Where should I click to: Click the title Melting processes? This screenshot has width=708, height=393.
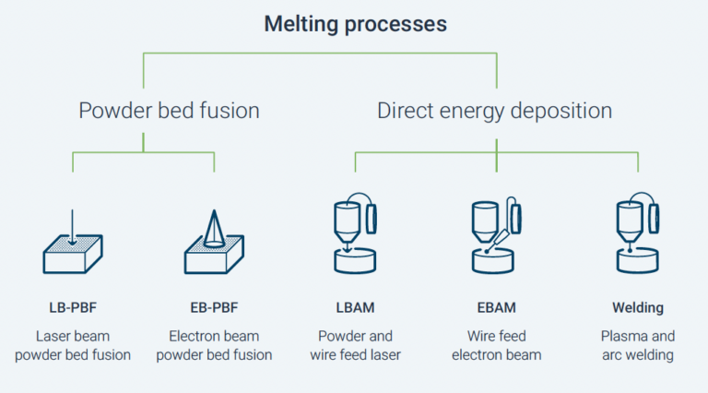coord(355,24)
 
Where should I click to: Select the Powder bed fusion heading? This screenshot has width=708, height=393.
coord(170,111)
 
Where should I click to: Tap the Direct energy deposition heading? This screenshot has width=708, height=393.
coord(494,111)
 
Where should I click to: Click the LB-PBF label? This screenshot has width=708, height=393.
coord(73,307)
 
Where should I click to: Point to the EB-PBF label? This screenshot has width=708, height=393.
coord(214,307)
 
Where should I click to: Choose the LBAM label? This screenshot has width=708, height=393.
coord(355,307)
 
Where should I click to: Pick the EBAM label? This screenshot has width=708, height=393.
coord(497,307)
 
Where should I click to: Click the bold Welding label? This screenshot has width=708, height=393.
coord(638,307)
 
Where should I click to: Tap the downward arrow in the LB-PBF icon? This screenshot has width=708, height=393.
coord(72,227)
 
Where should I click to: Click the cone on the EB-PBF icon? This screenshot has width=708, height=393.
coord(214,229)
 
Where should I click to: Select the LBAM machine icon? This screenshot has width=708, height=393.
coord(355,233)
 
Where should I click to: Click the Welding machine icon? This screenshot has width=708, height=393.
coord(638,233)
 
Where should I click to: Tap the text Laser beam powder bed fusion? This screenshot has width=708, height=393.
coord(73,346)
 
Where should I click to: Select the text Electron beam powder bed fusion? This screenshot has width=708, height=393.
coord(214,346)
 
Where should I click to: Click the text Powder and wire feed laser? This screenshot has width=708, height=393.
coord(355,346)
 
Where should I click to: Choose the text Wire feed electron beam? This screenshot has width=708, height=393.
coord(497,346)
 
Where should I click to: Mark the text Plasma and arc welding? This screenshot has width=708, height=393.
coord(638,346)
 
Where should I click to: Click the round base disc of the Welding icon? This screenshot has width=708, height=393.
coord(638,261)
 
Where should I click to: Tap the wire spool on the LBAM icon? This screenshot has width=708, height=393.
coord(372,219)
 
